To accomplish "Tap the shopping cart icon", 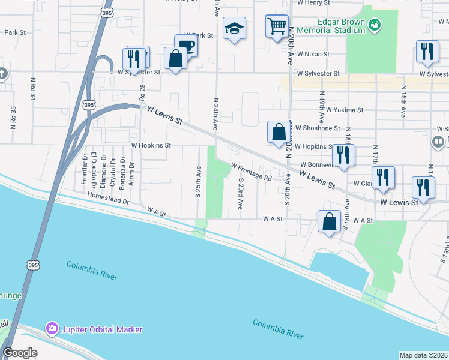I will click(277, 25).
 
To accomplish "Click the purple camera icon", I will click(52, 329).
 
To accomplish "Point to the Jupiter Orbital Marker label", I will click(101, 329).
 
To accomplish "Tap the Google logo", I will click(20, 353).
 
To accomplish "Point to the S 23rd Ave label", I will click(240, 193).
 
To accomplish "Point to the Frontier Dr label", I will click(85, 170).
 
